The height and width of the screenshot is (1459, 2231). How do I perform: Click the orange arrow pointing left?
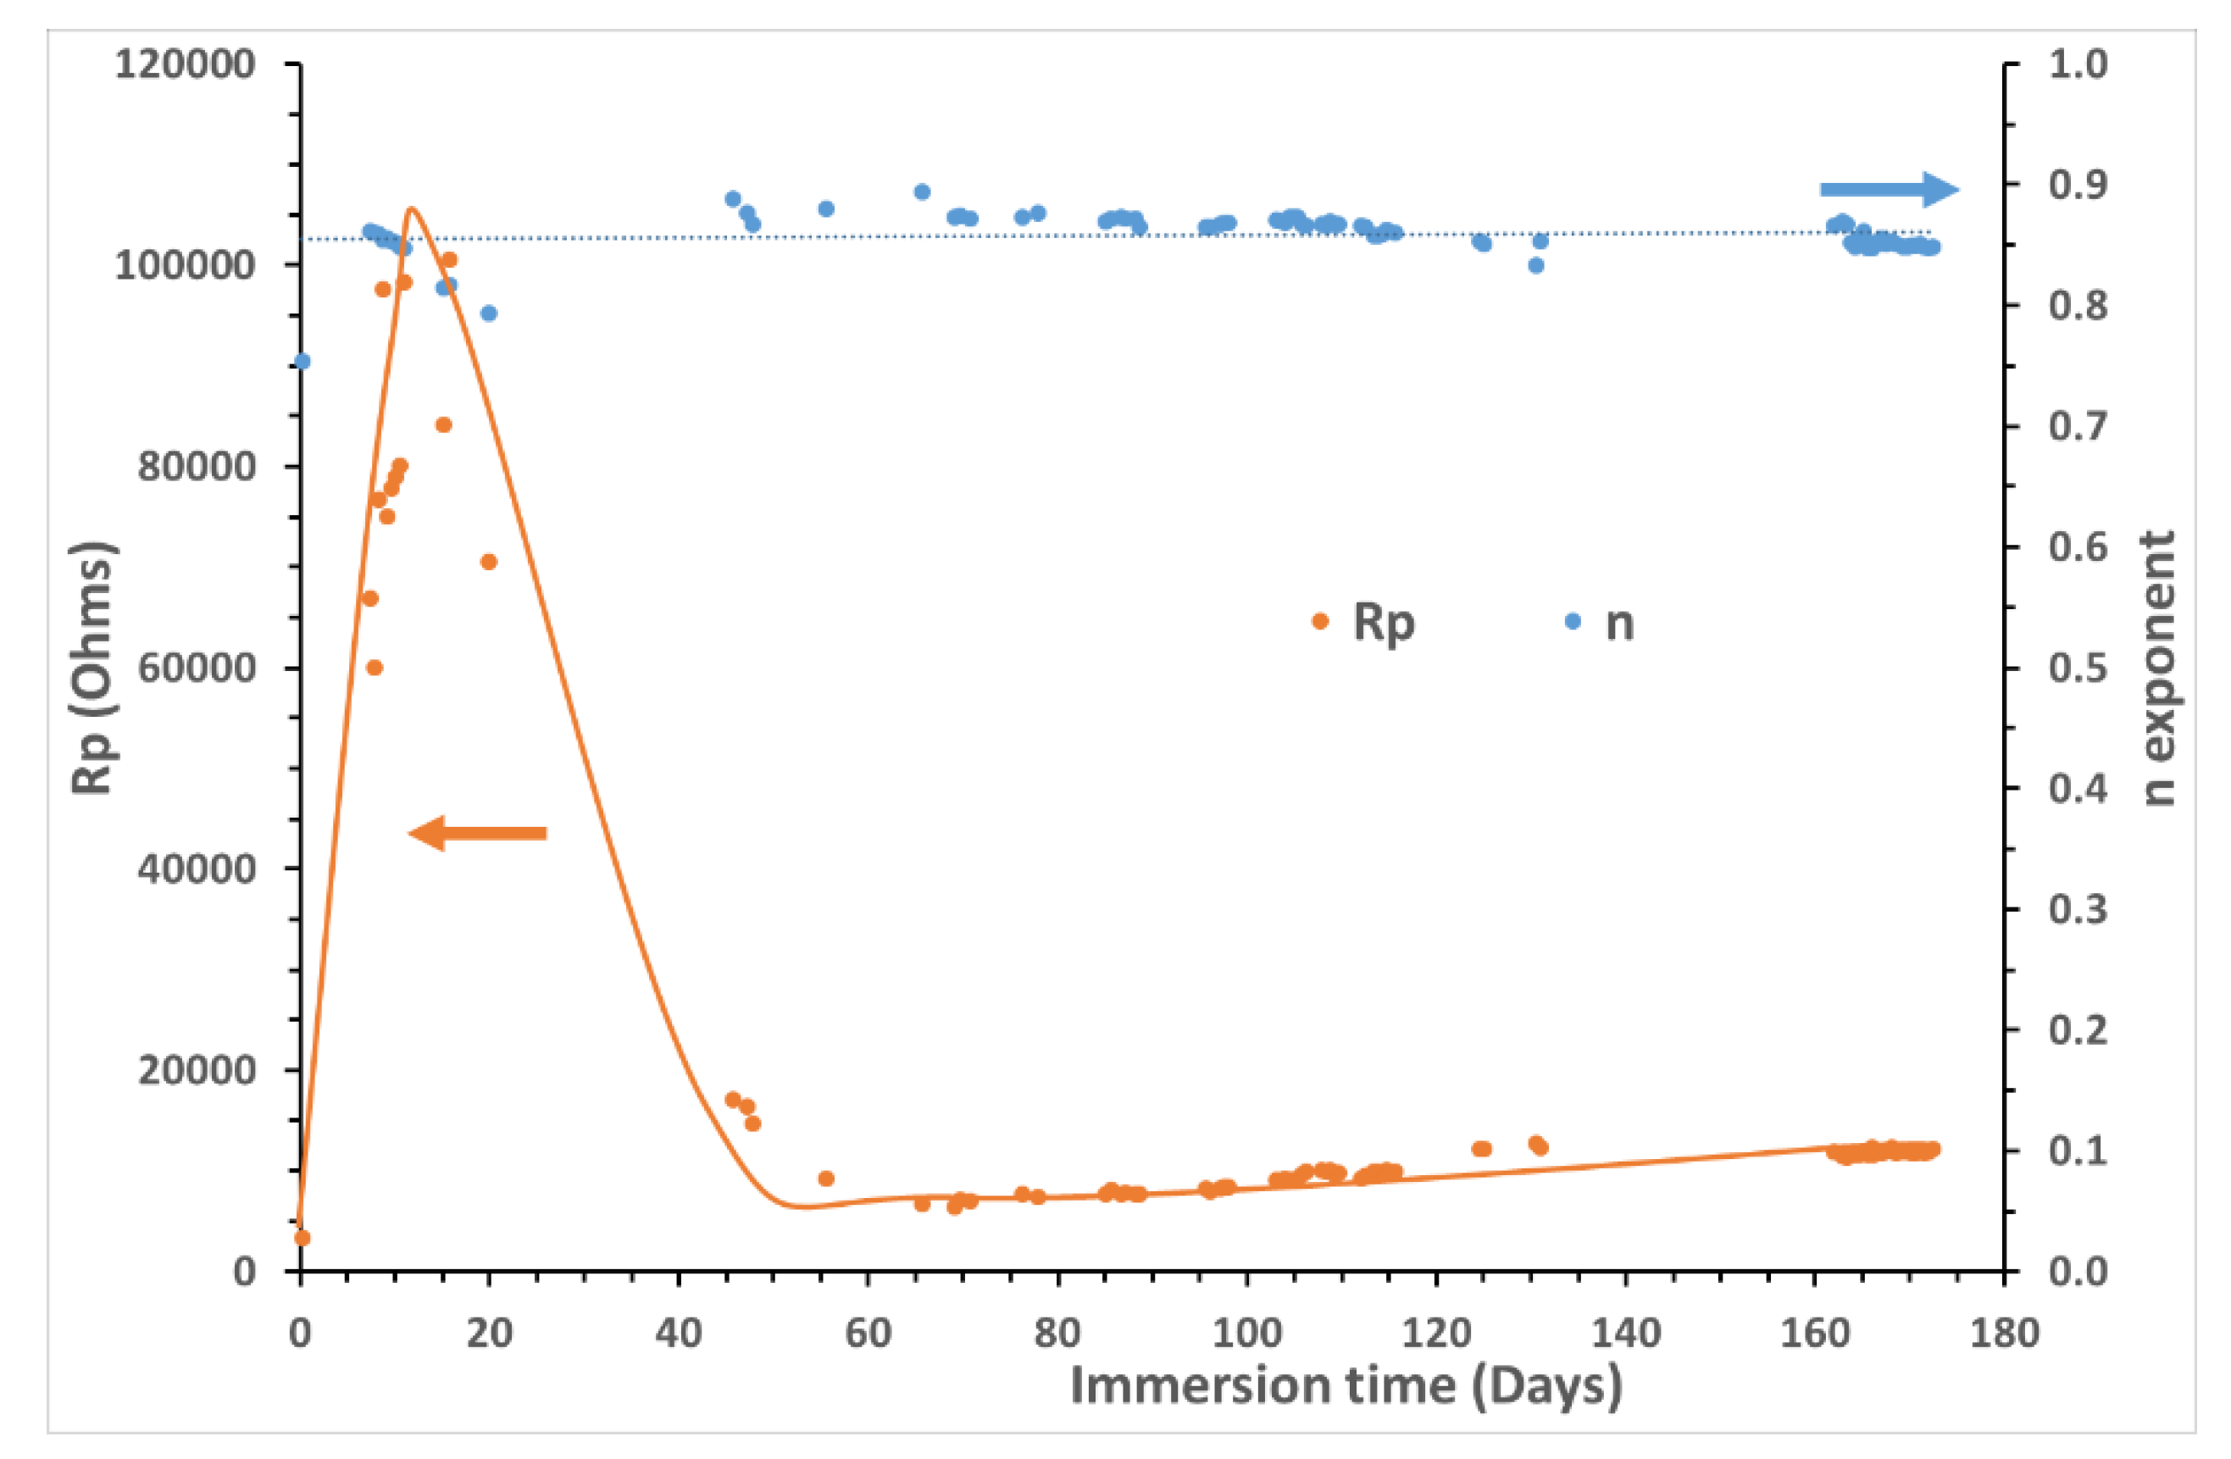point(477,833)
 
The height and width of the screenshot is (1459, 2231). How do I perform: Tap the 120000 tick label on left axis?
point(185,64)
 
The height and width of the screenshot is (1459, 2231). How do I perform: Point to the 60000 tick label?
point(196,668)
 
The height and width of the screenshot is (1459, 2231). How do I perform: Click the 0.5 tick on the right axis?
point(2078,668)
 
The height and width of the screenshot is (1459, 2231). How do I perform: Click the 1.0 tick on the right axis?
point(2078,64)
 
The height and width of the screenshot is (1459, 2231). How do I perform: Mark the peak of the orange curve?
point(412,208)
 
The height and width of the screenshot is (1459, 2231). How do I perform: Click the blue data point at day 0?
point(302,362)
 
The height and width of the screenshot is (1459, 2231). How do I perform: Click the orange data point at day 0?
point(302,1238)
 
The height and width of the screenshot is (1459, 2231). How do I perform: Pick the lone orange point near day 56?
point(826,1179)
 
